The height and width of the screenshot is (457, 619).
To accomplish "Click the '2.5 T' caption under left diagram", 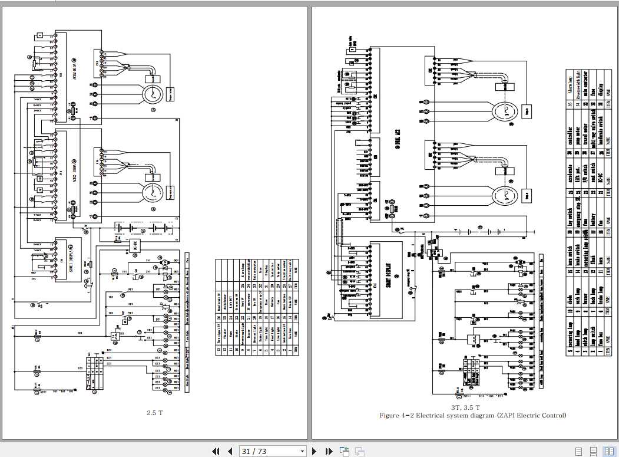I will [x=154, y=413].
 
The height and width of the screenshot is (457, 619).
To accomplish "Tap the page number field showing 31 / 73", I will [x=272, y=451].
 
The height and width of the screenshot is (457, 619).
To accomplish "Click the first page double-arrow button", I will [x=216, y=451].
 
